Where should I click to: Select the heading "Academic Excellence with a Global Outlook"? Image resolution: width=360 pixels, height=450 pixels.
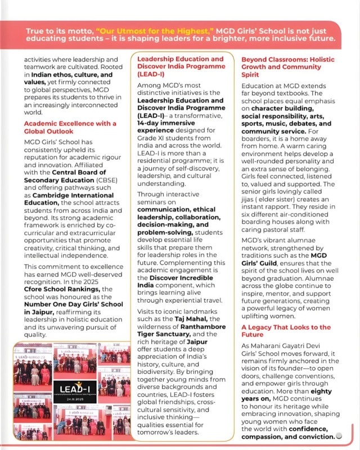70,128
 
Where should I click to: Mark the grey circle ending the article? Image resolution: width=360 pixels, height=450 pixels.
338,435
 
